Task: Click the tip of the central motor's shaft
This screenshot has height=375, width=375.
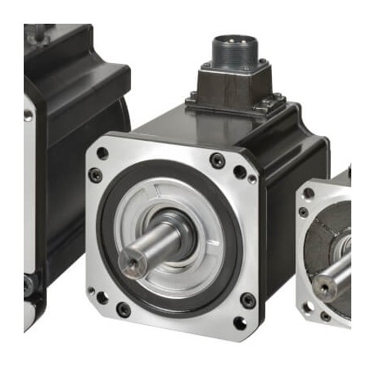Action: coord(132,261)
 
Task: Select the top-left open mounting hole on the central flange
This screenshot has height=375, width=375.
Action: coord(102,153)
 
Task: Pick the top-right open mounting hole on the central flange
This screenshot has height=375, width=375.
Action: coord(239,172)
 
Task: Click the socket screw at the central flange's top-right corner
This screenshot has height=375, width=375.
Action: coord(218,160)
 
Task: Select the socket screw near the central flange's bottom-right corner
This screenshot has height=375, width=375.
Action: coord(247,300)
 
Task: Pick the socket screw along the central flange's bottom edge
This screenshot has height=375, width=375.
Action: coord(123,309)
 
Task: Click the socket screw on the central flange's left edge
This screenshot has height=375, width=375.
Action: coord(95,174)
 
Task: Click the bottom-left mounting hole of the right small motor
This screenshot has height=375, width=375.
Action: coord(309,307)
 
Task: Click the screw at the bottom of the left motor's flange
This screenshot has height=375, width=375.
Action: coord(28,283)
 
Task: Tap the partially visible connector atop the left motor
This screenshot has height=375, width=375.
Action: coord(37,33)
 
